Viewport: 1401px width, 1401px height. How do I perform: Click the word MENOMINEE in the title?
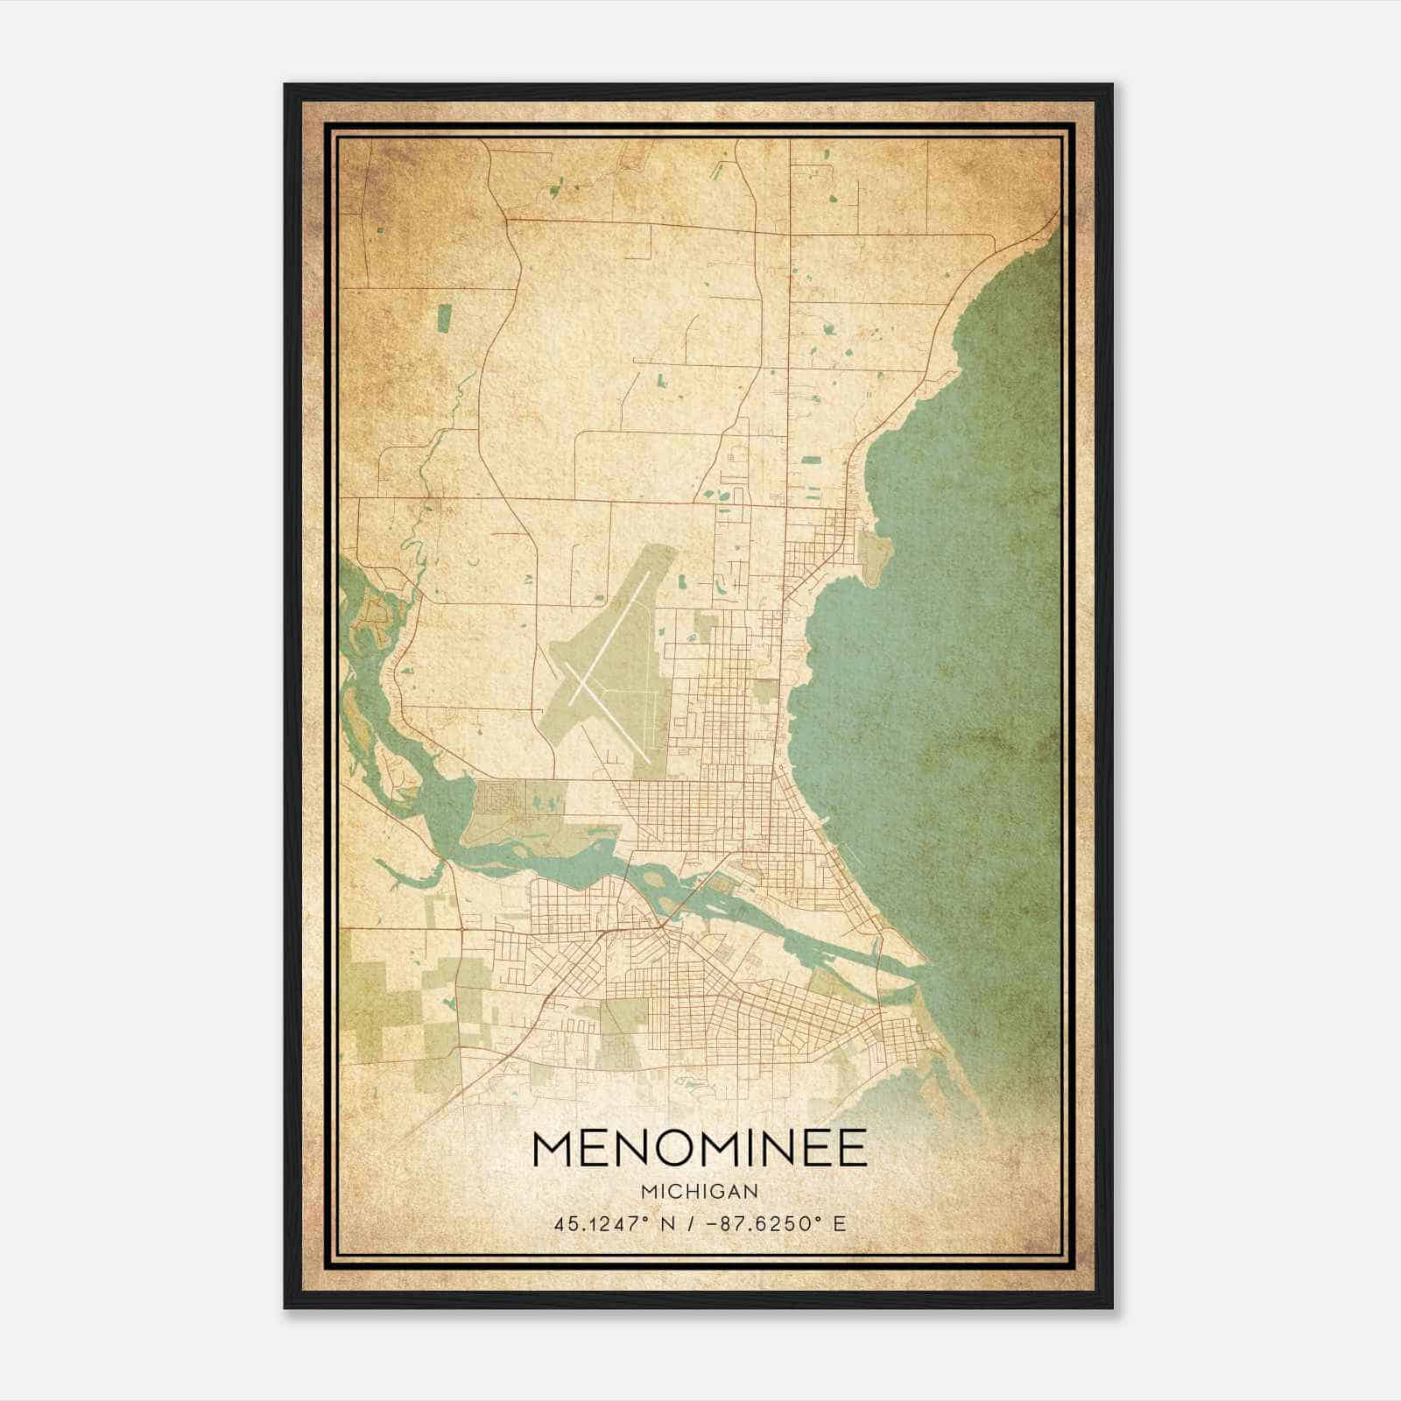tap(699, 1148)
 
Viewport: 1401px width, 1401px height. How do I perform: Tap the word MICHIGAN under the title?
tap(699, 1191)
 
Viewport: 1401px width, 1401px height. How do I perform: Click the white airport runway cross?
tap(604, 692)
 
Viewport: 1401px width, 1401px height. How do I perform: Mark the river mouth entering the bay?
tap(919, 972)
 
